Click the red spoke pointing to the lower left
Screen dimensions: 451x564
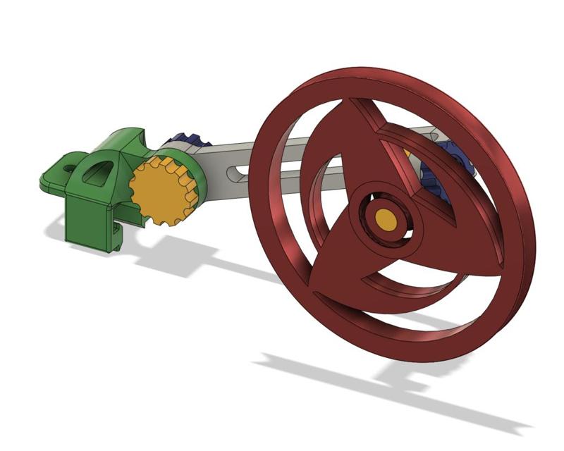point(331,268)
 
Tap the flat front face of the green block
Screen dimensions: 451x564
point(88,218)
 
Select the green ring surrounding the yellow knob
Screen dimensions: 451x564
point(198,176)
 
